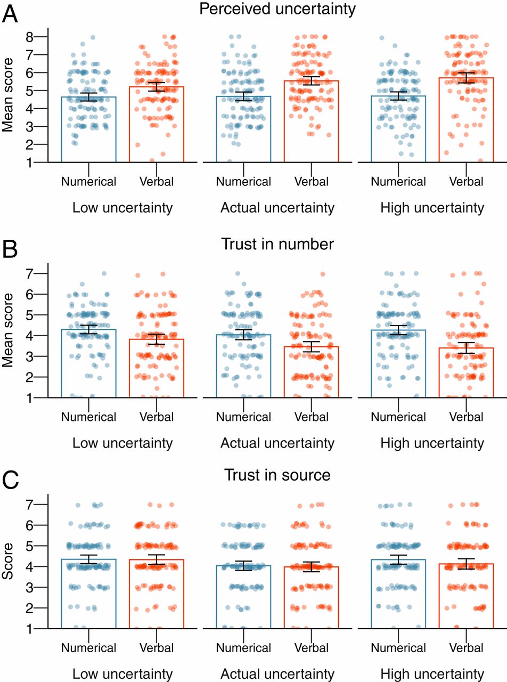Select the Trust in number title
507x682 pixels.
click(277, 245)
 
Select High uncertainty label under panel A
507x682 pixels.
click(432, 208)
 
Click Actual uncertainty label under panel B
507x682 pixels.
click(277, 443)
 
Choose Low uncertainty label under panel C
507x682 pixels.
click(122, 673)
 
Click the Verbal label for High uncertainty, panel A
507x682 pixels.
click(466, 182)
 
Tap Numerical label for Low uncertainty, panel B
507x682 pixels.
click(88, 417)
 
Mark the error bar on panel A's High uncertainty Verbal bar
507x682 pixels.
click(467, 77)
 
